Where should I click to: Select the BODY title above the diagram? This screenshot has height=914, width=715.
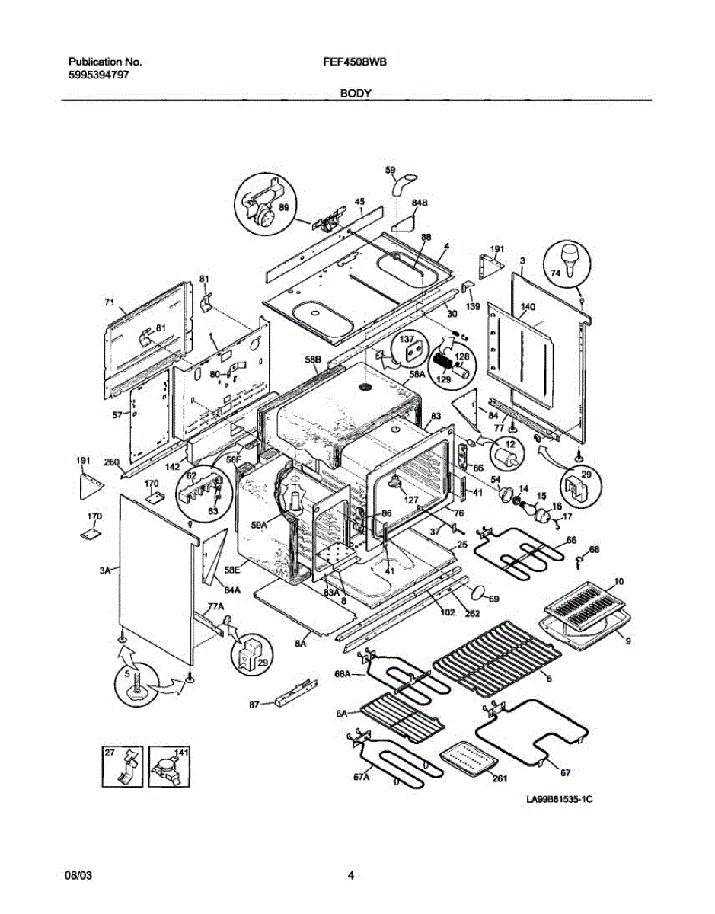356,93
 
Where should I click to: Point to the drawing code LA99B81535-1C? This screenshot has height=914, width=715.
559,801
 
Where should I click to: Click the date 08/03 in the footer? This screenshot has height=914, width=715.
78,877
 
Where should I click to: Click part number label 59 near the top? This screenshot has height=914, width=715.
390,171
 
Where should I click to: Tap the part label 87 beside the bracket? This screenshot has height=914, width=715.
254,705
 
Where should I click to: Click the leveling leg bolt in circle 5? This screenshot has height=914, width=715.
138,681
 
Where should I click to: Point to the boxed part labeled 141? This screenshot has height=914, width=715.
169,766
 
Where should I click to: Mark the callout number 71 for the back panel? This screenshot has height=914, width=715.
109,302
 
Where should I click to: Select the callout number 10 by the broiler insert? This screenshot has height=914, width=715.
618,581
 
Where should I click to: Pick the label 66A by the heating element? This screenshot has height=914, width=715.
343,673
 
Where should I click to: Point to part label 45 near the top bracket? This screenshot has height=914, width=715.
359,202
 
